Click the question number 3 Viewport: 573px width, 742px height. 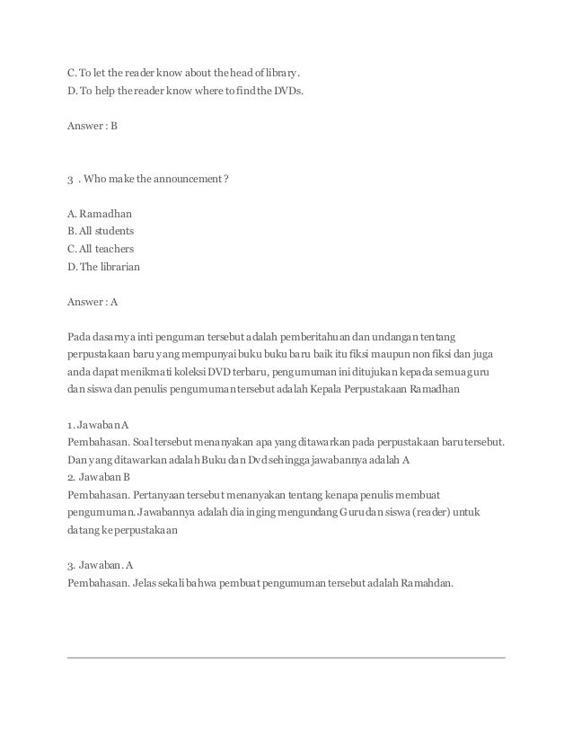pos(71,180)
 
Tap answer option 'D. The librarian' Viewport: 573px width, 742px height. pos(103,266)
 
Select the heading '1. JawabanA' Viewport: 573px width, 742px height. pos(98,424)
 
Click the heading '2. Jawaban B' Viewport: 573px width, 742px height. pos(100,476)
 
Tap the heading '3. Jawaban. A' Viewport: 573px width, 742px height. pos(101,564)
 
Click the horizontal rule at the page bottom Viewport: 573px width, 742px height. pos(286,658)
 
